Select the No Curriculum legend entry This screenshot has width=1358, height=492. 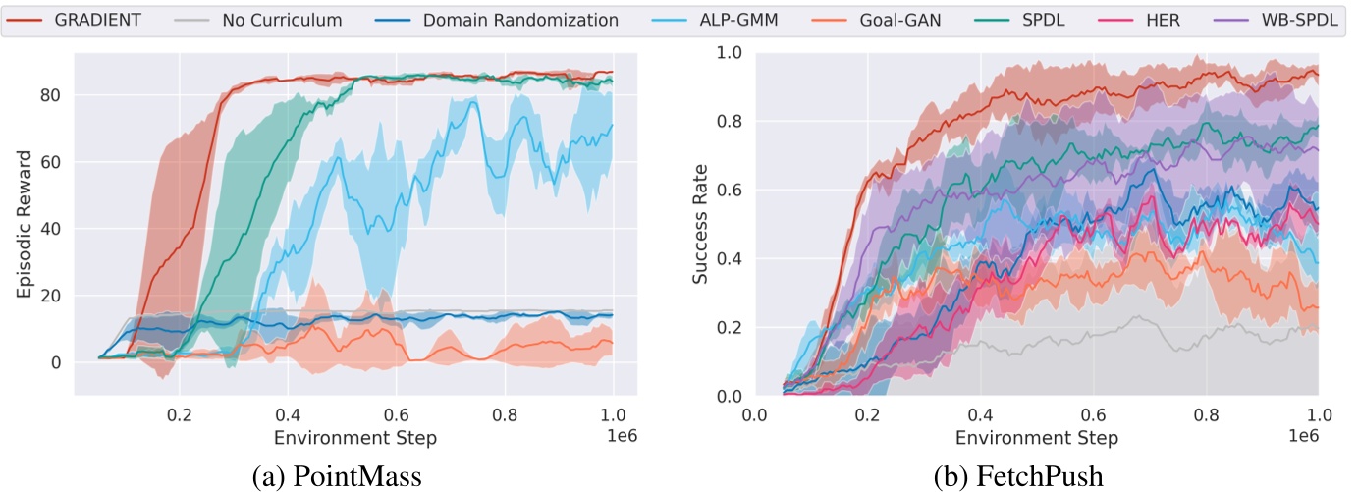click(263, 20)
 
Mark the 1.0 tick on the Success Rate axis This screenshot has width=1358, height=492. click(727, 52)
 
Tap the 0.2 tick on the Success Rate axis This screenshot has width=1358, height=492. click(727, 328)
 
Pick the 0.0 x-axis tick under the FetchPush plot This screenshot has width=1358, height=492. click(754, 414)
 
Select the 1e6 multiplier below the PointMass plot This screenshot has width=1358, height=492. click(625, 434)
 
